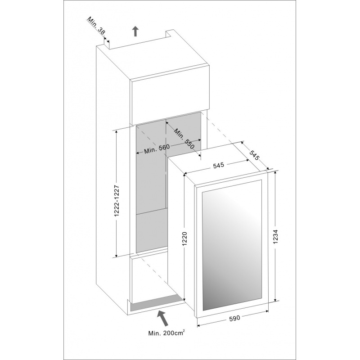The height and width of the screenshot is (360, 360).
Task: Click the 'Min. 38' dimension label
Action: pos(96,26)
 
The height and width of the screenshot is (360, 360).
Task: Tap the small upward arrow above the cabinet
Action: pos(136,31)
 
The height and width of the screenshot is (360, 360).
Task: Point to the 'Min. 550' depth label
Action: pos(184,138)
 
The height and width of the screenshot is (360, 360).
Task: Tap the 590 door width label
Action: pos(234,318)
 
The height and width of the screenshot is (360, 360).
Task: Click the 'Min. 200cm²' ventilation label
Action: pos(166,333)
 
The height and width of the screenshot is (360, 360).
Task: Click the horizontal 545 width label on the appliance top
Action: pos(218,166)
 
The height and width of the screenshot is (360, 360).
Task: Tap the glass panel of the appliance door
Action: pos(232,244)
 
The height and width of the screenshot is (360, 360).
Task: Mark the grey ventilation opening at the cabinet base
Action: pos(155,302)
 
